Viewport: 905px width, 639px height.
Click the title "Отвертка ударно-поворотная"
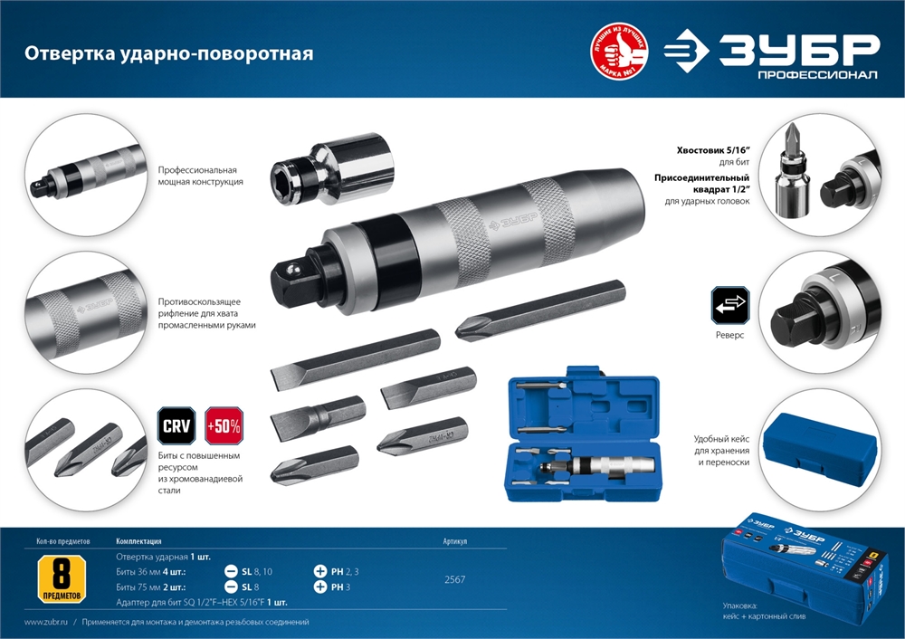coord(169,53)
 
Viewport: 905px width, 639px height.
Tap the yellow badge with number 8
coord(63,580)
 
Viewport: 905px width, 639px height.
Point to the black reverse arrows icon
coord(730,306)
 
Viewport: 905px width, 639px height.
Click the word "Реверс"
coord(729,335)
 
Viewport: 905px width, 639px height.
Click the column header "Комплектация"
coord(139,541)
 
